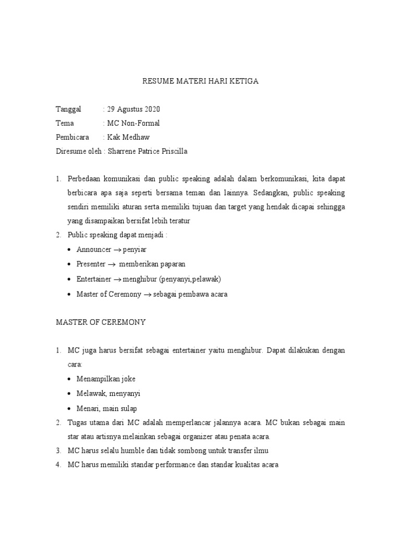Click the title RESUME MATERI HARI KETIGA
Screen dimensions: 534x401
point(200,81)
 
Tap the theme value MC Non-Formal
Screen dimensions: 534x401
point(134,123)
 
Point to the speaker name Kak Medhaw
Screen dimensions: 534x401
point(128,137)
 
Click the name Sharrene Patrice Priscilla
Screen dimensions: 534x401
point(146,151)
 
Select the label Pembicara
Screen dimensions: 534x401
point(73,137)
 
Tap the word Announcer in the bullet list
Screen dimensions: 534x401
point(95,249)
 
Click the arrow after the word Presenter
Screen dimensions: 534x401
point(111,264)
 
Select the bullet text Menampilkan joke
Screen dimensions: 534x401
point(106,379)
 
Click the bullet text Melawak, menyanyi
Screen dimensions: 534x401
point(108,393)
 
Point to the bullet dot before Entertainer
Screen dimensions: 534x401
point(70,280)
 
